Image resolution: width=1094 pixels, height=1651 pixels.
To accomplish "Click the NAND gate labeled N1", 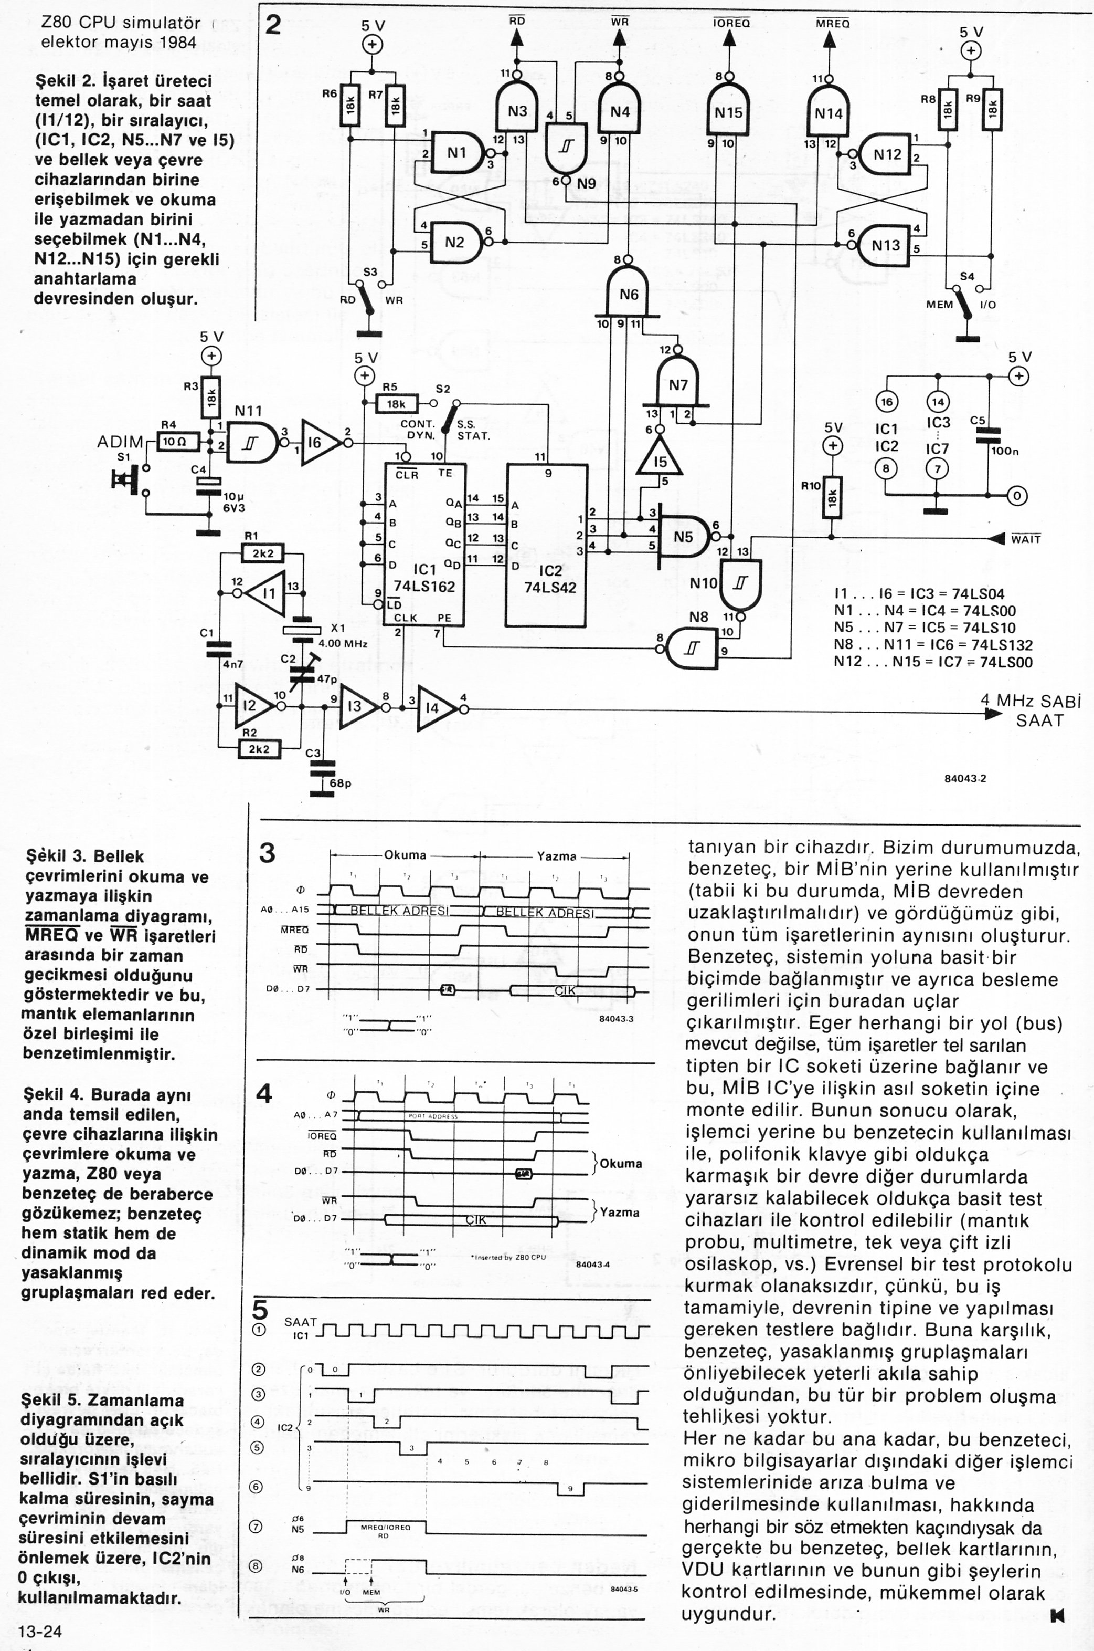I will pos(456,152).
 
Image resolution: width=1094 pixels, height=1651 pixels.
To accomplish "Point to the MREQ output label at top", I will pos(832,23).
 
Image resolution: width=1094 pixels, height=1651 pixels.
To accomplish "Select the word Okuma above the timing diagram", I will pos(405,855).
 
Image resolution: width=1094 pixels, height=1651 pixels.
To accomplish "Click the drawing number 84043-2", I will pos(965,778).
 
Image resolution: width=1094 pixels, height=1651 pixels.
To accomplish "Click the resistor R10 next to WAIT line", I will pos(831,496).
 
